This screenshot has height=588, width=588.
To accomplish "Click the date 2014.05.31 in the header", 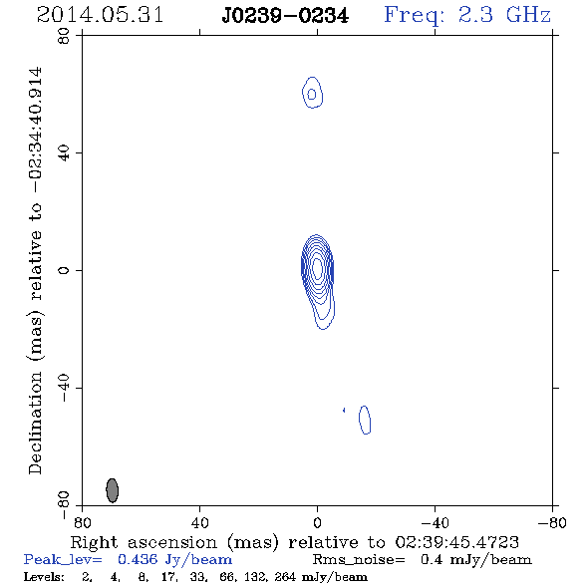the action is pos(100,15).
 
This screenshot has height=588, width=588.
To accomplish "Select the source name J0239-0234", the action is pos(285,16).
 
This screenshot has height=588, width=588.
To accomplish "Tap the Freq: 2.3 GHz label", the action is pos(467,16).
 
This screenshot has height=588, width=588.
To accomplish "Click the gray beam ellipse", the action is pos(113,490).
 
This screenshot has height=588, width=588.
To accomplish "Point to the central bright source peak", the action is pos(317,268).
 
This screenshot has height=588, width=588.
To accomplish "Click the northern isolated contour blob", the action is pos(312,93).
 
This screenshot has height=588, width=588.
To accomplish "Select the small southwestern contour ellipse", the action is pos(365,420).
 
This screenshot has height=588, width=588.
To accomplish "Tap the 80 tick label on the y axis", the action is pos(64,36).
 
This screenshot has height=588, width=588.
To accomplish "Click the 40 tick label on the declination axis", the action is pos(64,153).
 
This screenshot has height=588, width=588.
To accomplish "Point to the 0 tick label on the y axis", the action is pos(64,270).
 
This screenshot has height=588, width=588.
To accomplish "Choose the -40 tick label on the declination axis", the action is pos(64,388).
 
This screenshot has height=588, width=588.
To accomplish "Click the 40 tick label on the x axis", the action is pos(199,522).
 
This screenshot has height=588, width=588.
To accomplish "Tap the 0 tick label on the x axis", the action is pos(317,522).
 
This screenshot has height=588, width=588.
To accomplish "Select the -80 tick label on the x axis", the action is pos(552,522).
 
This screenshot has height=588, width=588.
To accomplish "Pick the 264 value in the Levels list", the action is pos(285,576).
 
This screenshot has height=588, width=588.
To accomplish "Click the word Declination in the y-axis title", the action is pos(35,424).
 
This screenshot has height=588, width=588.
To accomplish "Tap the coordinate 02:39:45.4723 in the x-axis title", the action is pos(457,542).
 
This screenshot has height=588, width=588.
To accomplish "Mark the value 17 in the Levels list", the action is pos(167,576).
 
